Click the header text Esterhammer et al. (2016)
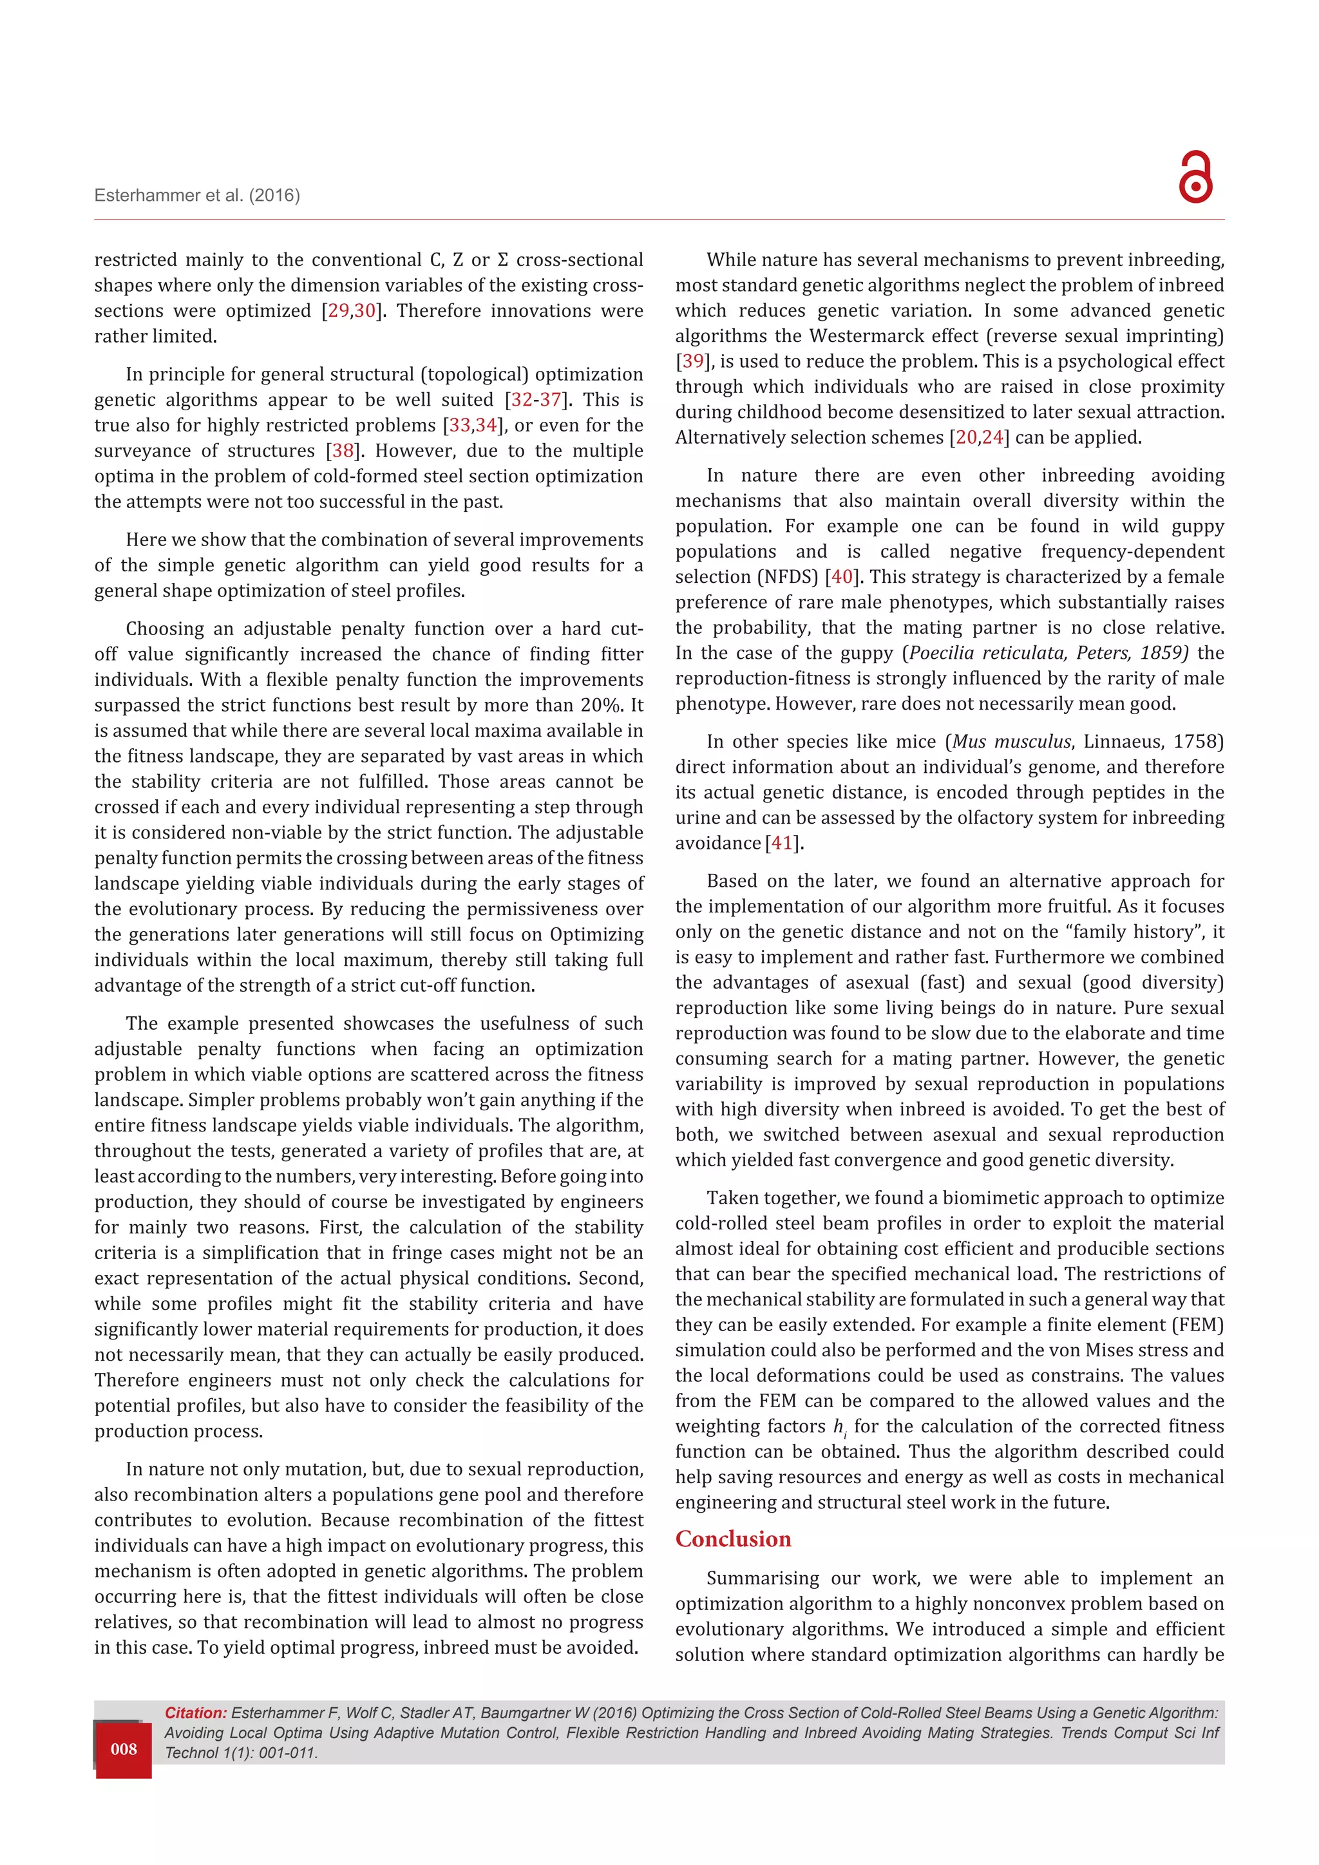[197, 195]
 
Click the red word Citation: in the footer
[196, 1712]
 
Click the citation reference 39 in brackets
[693, 361]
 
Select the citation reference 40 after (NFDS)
[842, 577]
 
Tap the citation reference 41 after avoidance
[781, 843]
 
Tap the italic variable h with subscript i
[839, 1426]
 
